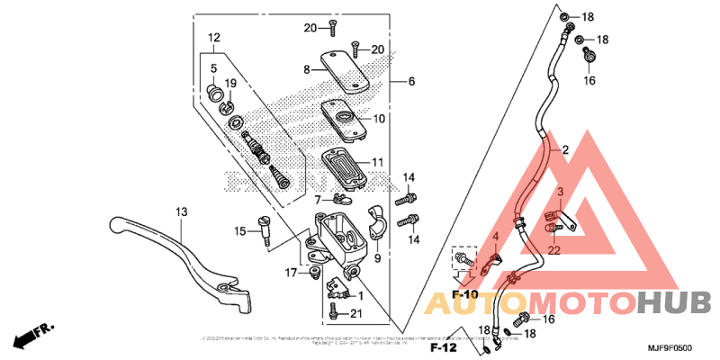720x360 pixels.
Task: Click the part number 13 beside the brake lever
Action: point(182,211)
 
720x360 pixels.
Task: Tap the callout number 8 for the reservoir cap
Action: point(306,69)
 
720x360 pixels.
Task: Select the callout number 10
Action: point(379,118)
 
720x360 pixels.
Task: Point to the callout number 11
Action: point(379,163)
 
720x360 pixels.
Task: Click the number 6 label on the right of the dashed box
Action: point(411,81)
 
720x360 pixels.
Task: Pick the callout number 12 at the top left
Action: point(214,38)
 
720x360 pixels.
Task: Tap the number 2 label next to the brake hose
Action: point(565,149)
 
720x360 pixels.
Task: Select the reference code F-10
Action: point(465,295)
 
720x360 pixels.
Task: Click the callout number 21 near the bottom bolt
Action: point(355,313)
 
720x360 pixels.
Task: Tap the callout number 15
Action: point(240,232)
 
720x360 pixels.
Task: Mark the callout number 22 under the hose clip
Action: point(554,249)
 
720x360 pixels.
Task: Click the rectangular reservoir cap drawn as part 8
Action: point(349,69)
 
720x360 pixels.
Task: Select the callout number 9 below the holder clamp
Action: point(377,258)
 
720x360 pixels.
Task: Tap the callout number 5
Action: point(214,68)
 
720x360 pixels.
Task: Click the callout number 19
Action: point(230,84)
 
